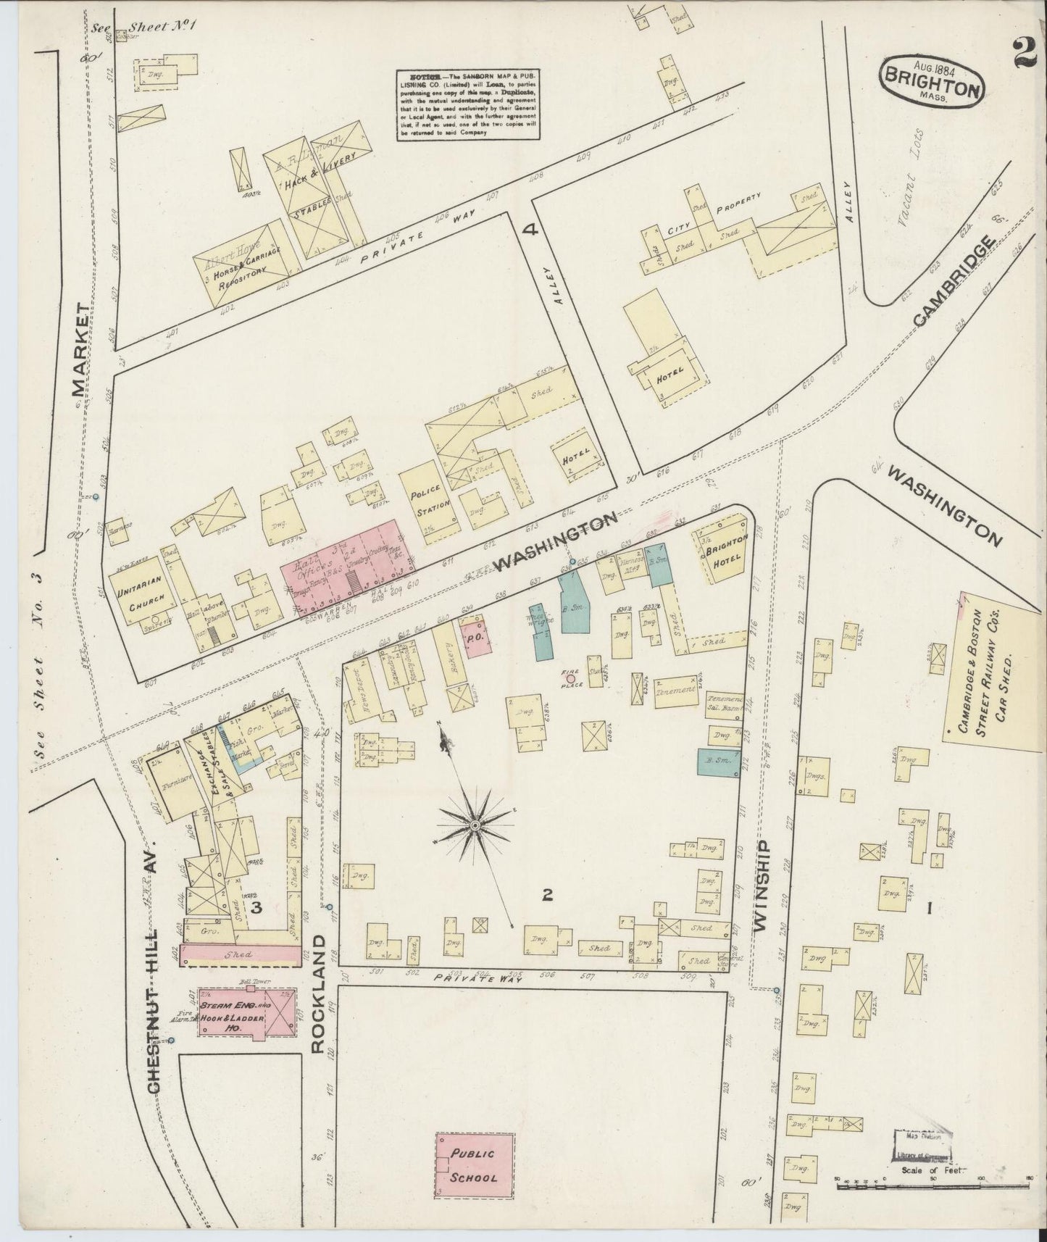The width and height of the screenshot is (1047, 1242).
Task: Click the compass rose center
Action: (475, 825)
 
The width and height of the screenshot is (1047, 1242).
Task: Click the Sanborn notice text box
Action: (467, 104)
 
